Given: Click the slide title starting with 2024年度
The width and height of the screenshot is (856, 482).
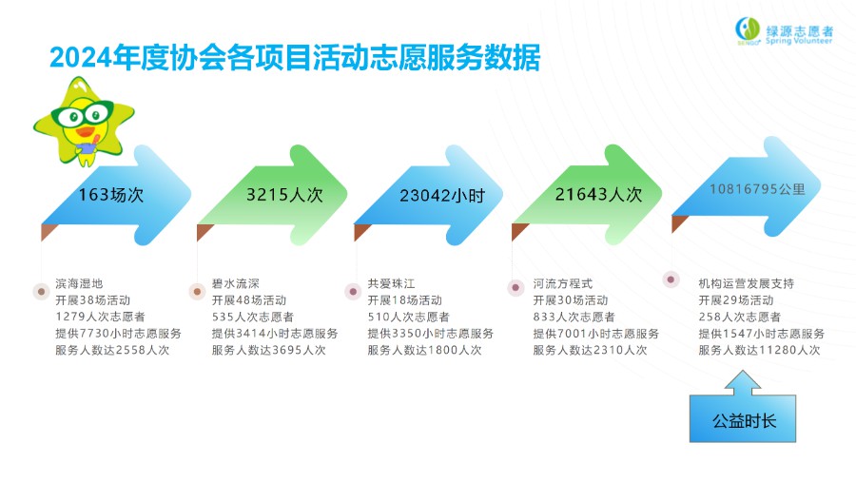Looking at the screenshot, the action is click(x=295, y=57).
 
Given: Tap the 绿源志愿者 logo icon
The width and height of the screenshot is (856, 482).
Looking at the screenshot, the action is click(x=748, y=30).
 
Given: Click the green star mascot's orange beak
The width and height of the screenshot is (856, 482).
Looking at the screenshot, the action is click(x=86, y=131).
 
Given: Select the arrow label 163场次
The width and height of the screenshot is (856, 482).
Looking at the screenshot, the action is click(x=111, y=195).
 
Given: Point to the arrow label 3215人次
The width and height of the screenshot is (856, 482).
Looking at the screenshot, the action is click(x=284, y=195).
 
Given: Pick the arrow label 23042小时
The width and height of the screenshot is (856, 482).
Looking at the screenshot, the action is click(x=442, y=196).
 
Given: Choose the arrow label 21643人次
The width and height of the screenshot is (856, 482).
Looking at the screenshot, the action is click(x=598, y=194).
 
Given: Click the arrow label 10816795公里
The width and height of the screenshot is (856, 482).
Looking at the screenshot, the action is click(x=757, y=189).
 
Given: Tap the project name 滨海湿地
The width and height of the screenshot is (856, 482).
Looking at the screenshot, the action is click(x=79, y=283).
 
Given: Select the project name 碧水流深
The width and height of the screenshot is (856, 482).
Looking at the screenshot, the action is click(x=235, y=283).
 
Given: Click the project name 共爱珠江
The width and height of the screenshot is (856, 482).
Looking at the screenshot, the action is click(x=391, y=283).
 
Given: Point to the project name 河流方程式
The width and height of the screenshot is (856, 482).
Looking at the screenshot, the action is click(x=563, y=283).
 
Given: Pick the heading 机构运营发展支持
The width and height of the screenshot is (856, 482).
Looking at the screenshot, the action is click(x=747, y=283).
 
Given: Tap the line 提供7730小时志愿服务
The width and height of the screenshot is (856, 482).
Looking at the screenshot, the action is click(x=118, y=333).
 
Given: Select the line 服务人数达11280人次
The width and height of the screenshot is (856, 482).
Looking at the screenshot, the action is click(x=759, y=350).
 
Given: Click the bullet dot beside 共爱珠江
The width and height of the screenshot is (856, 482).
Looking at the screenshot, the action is click(x=353, y=292).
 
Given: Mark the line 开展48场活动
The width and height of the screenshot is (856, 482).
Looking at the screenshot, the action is click(x=249, y=299).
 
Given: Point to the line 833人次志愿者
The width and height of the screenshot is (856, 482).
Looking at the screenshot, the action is click(x=574, y=317).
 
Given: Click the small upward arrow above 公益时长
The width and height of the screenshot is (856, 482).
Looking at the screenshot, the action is click(x=743, y=382).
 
